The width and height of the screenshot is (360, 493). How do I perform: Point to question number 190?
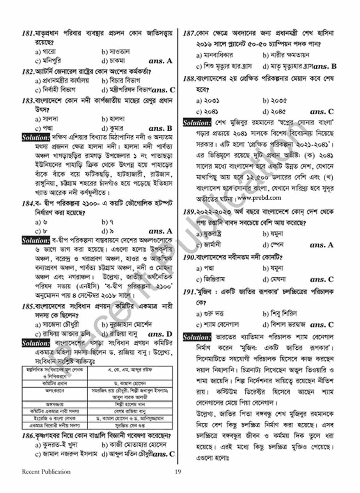pyautogui.click(x=189, y=258)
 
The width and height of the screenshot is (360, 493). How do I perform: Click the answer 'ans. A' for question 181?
pyautogui.click(x=160, y=61)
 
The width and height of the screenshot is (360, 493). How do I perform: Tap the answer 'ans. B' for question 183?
pyautogui.click(x=160, y=128)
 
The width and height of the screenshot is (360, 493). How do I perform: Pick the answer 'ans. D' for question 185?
pyautogui.click(x=160, y=334)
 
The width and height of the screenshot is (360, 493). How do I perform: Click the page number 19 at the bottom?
pyautogui.click(x=178, y=472)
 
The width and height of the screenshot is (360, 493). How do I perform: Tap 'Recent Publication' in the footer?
pyautogui.click(x=41, y=472)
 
